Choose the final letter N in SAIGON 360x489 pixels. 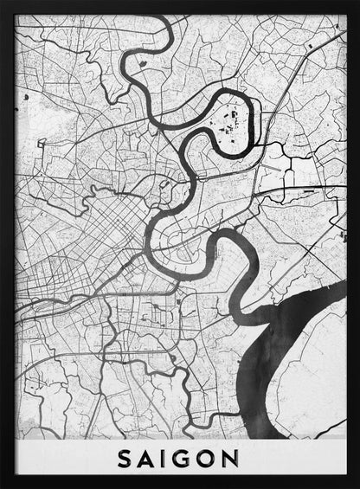(235, 455)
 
